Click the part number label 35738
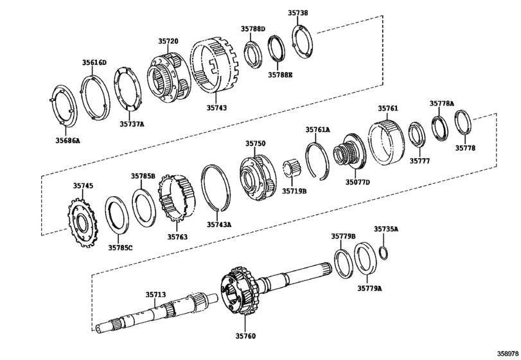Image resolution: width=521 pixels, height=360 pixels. coord(297,13)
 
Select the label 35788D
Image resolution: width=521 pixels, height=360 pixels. coord(253,29)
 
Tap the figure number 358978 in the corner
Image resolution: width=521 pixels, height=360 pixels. coord(508,353)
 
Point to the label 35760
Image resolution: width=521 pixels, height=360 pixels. coord(246,336)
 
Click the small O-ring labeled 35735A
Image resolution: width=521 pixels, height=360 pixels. coord(384,253)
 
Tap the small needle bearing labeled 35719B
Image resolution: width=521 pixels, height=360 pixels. coord(292,168)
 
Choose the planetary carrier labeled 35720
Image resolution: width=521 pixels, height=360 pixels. coord(169,78)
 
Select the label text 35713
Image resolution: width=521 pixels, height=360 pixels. coord(155,295)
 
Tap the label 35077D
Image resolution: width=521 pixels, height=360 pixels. coord(358,182)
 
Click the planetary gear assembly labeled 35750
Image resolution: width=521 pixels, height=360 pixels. coord(258,177)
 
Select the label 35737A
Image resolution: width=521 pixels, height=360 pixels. coord(132,124)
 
